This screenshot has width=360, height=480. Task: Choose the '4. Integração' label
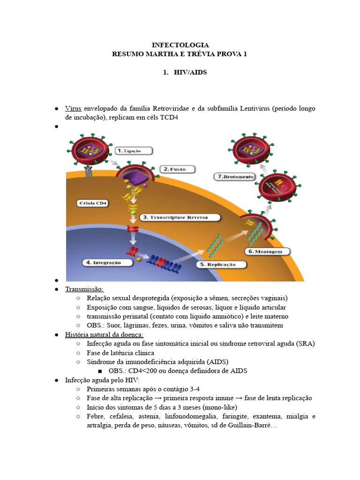click(x=102, y=262)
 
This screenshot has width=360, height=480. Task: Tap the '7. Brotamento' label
click(x=234, y=177)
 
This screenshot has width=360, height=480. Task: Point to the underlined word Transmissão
click(x=84, y=289)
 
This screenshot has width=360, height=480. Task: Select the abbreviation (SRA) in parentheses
click(x=305, y=344)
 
